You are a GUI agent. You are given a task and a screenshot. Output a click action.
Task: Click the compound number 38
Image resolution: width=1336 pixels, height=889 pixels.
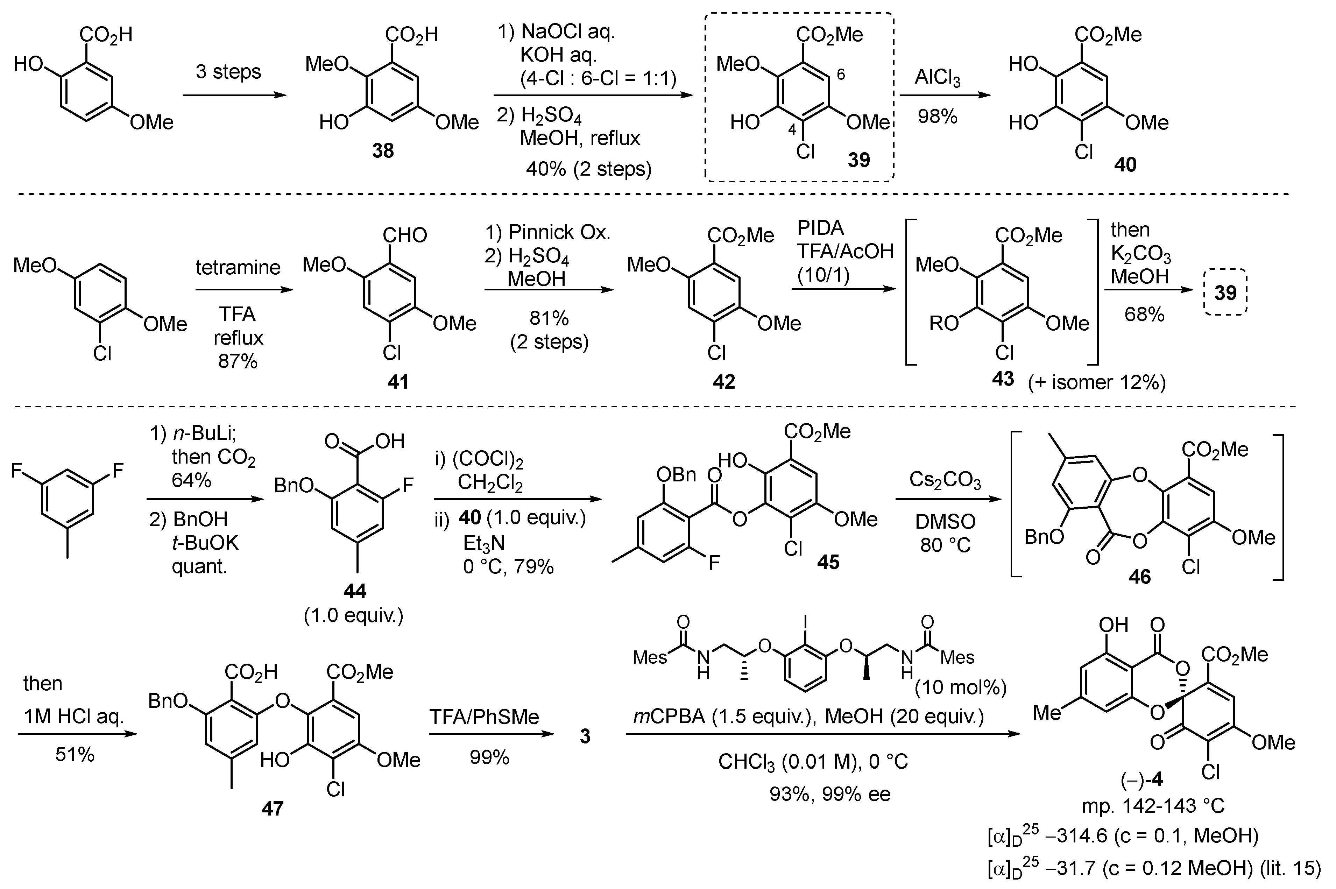pyautogui.click(x=383, y=151)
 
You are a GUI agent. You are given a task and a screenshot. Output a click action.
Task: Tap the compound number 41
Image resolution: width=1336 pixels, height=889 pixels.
pyautogui.click(x=398, y=382)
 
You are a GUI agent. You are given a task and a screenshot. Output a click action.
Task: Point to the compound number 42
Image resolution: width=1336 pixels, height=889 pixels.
pyautogui.click(x=724, y=382)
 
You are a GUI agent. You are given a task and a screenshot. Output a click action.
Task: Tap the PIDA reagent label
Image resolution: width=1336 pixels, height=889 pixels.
pyautogui.click(x=820, y=228)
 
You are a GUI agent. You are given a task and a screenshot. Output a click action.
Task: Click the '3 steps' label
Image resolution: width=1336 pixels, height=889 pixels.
pyautogui.click(x=228, y=72)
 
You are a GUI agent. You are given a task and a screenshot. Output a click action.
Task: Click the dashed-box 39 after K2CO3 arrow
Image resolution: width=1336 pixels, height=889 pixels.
pyautogui.click(x=1225, y=292)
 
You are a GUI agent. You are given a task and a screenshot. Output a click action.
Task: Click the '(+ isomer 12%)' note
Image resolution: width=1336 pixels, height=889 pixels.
pyautogui.click(x=1097, y=383)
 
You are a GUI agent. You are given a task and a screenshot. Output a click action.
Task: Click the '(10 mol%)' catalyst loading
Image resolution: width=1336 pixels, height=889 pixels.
pyautogui.click(x=960, y=688)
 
